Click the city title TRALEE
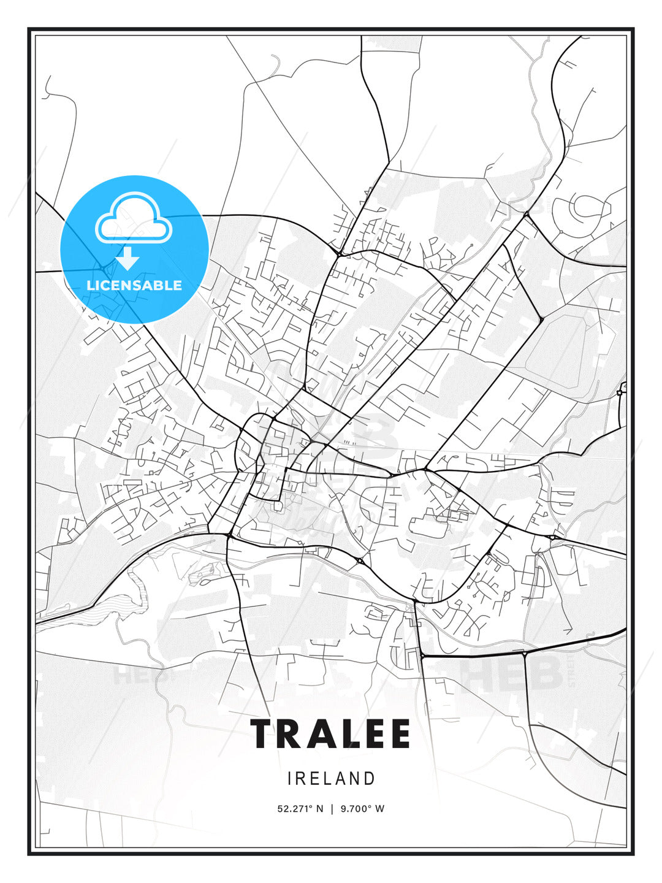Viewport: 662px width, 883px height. (330, 733)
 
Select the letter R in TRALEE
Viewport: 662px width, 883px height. (294, 733)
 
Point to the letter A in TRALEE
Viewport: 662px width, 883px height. (327, 733)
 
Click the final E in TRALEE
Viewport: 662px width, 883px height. (399, 733)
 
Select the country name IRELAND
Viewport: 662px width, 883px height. (331, 779)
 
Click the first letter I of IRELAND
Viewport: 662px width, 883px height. (289, 779)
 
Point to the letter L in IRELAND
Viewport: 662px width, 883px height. (327, 779)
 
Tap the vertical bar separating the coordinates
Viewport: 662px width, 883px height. (332, 809)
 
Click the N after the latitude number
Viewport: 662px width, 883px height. (319, 809)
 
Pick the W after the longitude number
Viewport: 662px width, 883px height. (380, 809)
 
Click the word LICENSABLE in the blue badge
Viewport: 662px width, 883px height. (134, 285)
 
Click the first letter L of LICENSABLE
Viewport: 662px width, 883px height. (90, 285)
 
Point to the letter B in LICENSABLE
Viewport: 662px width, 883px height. (158, 285)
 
